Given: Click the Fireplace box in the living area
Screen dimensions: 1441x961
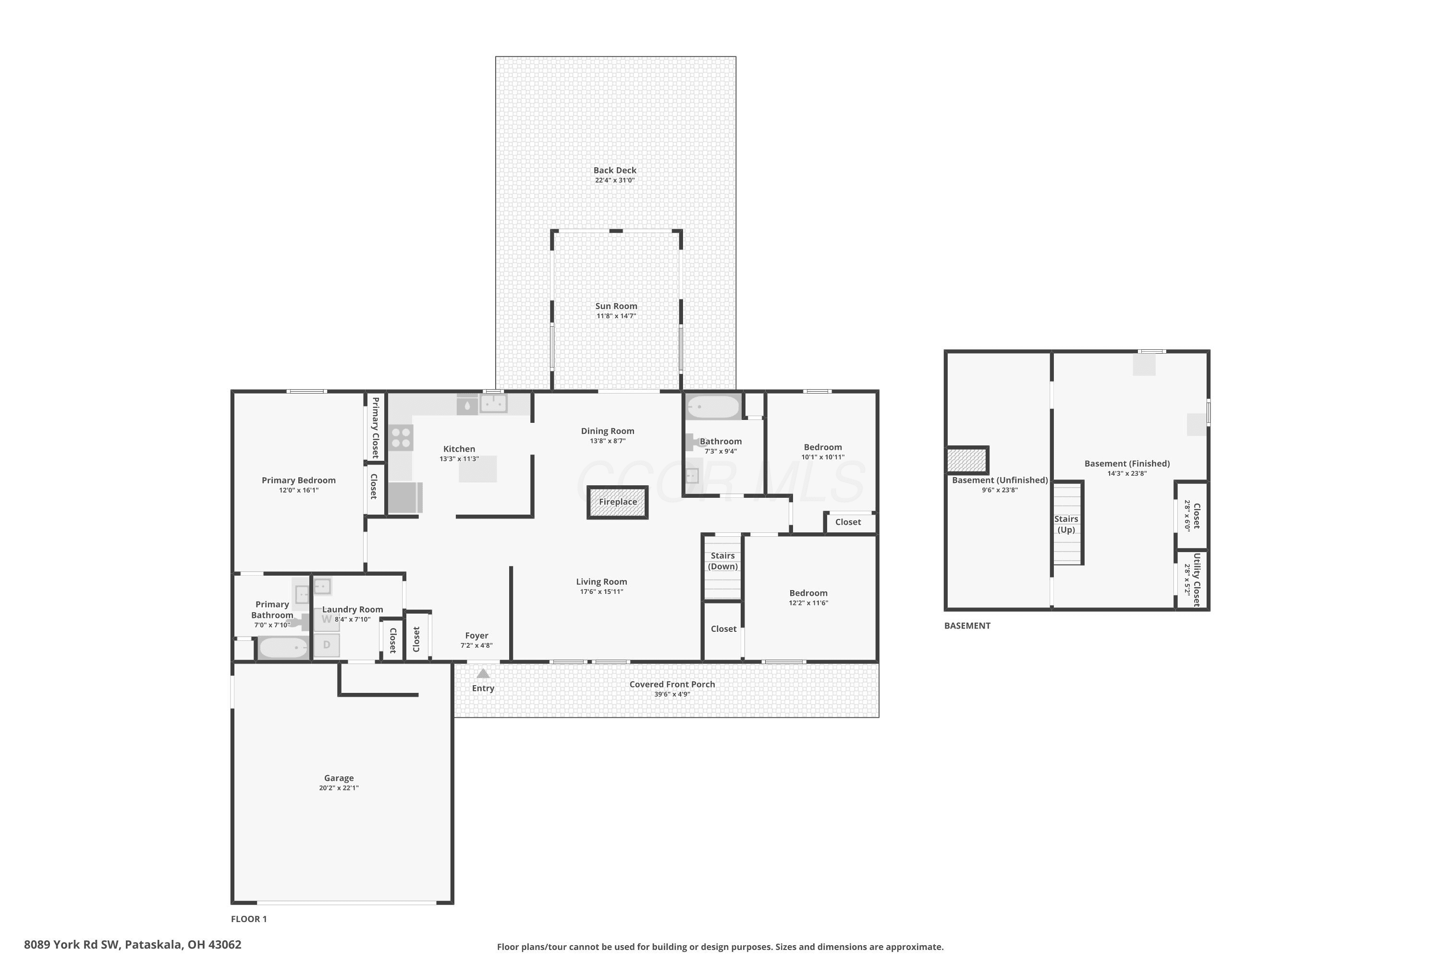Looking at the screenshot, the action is click(618, 503).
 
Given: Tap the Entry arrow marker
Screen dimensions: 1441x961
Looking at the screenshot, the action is click(483, 674).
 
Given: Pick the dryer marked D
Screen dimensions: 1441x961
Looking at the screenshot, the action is click(327, 645).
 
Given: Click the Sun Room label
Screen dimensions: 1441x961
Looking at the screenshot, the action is click(616, 306).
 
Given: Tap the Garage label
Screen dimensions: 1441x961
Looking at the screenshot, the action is click(339, 778).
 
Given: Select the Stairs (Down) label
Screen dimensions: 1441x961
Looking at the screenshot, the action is click(723, 561).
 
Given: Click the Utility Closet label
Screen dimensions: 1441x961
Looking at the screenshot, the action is click(1197, 579).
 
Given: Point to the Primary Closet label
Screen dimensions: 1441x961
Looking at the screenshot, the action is click(376, 427).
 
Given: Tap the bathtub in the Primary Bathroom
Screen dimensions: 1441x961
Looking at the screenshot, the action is click(283, 648).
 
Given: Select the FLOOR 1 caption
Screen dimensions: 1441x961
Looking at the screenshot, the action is click(249, 919).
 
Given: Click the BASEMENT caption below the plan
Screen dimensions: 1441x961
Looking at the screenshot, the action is click(967, 626).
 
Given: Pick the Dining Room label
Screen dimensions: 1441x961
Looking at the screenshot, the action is click(608, 431).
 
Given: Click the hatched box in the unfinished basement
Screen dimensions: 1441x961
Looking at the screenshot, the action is click(967, 460).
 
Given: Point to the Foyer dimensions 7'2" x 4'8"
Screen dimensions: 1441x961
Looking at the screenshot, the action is click(476, 645).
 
